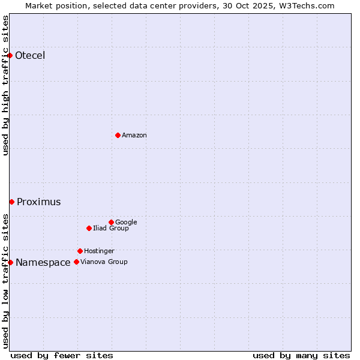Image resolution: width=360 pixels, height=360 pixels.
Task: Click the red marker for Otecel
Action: [10, 56]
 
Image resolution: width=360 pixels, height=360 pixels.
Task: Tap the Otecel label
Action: [30, 56]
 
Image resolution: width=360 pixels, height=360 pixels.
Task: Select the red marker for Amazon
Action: [118, 135]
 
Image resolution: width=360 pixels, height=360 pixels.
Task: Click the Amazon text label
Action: [134, 136]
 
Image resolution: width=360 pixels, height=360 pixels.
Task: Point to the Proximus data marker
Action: [11, 202]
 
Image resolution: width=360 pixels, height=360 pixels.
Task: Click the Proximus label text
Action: [39, 202]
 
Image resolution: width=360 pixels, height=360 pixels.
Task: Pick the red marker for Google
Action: [111, 222]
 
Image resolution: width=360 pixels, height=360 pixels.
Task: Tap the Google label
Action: [126, 223]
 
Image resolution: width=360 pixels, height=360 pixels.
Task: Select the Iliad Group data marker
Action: [89, 228]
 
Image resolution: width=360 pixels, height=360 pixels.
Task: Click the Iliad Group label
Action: [111, 229]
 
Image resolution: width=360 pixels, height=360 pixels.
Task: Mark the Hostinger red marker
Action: [80, 251]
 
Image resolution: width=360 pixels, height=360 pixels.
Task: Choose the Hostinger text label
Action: [99, 251]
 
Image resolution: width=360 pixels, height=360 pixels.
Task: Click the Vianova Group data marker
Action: [76, 262]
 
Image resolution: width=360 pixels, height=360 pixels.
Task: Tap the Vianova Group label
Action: [104, 262]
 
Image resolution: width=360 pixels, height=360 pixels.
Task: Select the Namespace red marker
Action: [10, 262]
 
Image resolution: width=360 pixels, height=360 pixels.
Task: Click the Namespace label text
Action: [43, 263]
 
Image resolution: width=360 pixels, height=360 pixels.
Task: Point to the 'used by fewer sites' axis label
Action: [62, 355]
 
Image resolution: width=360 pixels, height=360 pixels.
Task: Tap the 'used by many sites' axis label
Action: [301, 355]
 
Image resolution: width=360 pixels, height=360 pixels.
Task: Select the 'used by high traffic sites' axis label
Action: [6, 85]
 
